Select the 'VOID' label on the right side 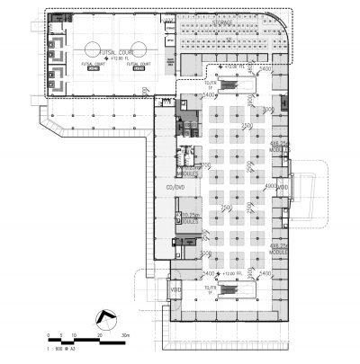[x=282, y=187]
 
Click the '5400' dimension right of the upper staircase [x=265, y=69]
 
